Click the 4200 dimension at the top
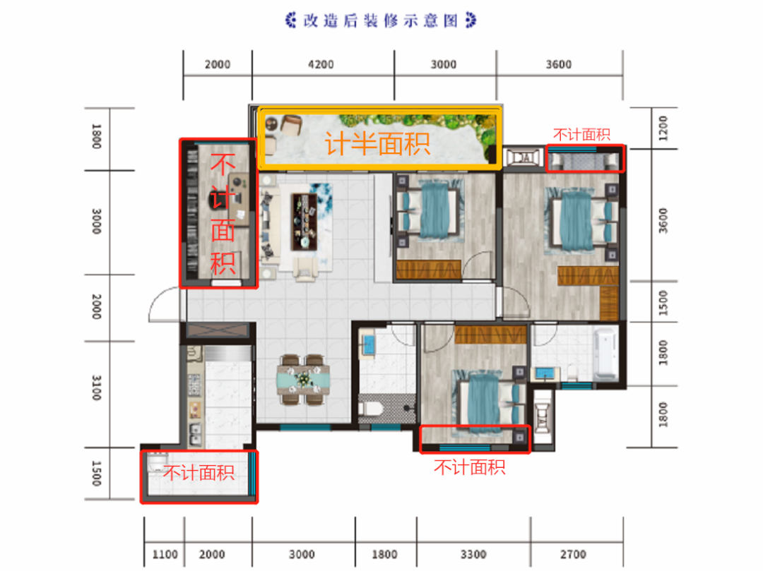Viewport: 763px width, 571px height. pos(321,64)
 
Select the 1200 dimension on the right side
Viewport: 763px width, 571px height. pos(663,128)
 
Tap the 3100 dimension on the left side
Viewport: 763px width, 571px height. pos(96,387)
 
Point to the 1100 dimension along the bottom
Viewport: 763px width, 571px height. pos(165,554)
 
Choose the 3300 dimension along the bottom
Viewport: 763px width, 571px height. pos(473,554)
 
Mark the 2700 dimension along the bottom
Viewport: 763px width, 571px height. pos(573,554)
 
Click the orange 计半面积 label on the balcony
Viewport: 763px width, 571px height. pos(377,144)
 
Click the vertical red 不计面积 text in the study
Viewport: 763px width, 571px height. pos(223,215)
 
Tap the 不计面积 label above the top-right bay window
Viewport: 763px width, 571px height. pos(581,134)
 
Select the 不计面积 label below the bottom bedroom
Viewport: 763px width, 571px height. pos(470,467)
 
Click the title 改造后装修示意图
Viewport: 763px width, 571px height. pos(381,20)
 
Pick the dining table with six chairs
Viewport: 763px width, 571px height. pos(303,380)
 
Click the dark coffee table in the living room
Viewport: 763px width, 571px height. pos(304,222)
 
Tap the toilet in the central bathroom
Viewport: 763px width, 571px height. pos(370,408)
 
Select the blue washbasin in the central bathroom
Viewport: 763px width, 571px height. pos(368,344)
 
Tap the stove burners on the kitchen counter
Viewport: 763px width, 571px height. pos(195,385)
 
